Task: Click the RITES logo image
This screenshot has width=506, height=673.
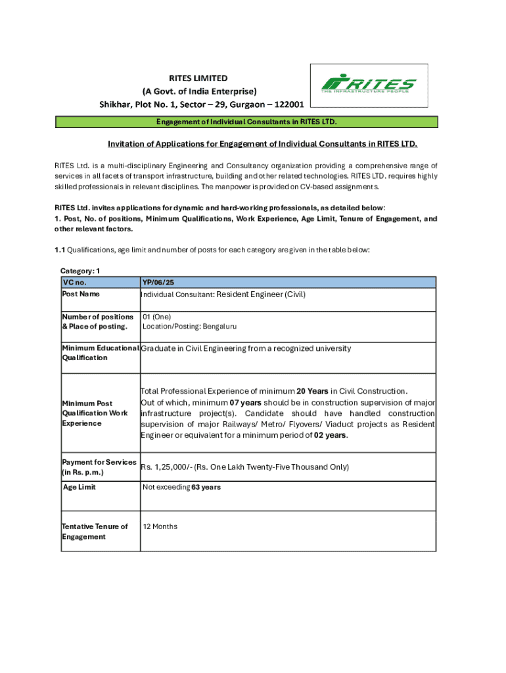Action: pos(368,85)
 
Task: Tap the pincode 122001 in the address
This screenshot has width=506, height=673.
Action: pos(283,104)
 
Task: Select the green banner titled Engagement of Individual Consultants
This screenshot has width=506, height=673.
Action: pos(246,122)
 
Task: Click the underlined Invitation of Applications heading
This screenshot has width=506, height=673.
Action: pos(262,144)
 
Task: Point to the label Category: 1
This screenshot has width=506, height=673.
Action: pos(80,271)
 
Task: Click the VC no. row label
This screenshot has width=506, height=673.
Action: pos(74,283)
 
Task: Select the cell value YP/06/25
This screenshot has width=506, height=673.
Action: pos(158,283)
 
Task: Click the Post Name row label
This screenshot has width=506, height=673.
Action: pos(81,294)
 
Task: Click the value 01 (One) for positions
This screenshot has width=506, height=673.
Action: pos(156,317)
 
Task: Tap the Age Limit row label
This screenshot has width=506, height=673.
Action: pos(79,487)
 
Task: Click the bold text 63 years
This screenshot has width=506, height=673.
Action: pos(206,487)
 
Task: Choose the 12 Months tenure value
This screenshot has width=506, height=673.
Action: pos(160,526)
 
